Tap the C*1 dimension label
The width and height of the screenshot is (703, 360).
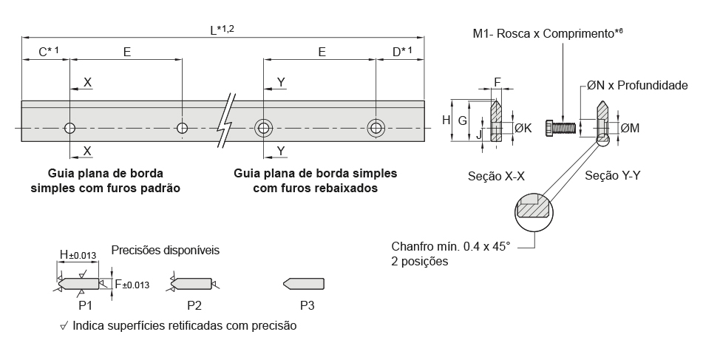pos(48,52)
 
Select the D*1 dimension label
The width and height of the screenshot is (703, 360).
pos(402,52)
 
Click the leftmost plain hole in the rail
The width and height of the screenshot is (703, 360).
pos(69,129)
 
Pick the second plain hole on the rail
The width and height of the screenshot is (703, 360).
pos(183,129)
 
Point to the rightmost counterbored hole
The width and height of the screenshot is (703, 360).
pos(377,129)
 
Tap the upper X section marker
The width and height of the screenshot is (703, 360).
pos(88,82)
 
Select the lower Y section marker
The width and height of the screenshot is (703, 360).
pos(281,151)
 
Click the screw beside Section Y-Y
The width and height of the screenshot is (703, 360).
pos(561,126)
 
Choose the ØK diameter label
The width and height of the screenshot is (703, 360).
pos(523,128)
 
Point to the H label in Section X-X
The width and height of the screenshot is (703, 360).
pos(446,119)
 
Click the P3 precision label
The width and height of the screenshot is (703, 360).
pos(308,304)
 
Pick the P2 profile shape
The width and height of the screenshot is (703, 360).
pos(193,284)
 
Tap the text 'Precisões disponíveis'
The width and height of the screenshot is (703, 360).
pos(165,250)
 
